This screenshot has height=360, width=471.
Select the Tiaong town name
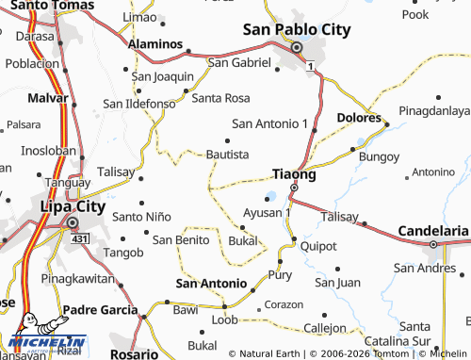coord(293,173)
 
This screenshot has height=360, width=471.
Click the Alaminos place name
coord(156,43)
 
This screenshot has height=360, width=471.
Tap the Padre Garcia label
coord(100,309)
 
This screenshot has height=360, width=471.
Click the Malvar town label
coord(24,97)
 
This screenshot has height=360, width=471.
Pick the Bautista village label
coord(227,154)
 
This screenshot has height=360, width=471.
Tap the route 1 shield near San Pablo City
coord(311,66)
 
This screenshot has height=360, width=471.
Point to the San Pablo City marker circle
coord(296,48)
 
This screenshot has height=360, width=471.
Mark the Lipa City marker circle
coord(73,222)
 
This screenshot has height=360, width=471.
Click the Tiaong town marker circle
coord(293,188)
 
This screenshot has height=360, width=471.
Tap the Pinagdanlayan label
coord(433,111)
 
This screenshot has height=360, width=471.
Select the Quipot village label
coord(318,247)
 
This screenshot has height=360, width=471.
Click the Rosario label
coord(133,355)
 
